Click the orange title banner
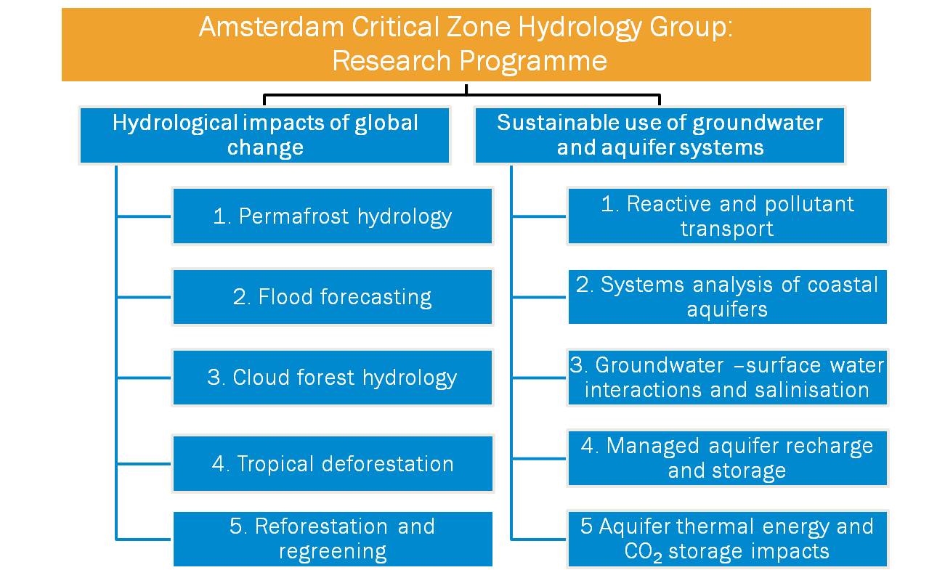[466, 44]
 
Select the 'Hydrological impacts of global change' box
[264, 135]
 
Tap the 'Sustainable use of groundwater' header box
[660, 135]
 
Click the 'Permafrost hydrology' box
[333, 216]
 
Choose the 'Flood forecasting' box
[333, 297]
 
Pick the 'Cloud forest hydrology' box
[333, 378]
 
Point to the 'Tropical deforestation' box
[333, 464]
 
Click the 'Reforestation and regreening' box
[333, 539]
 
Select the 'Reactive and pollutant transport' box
[728, 216]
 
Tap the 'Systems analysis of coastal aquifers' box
[728, 297]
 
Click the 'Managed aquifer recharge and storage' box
[728, 458]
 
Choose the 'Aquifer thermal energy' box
[728, 539]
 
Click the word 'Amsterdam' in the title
[271, 27]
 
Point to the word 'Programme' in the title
[533, 62]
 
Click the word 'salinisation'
[811, 390]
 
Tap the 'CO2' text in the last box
[643, 553]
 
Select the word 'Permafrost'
[293, 216]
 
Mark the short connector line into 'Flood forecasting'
[144, 297]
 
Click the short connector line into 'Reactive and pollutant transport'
[539, 216]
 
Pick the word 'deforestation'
[387, 464]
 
